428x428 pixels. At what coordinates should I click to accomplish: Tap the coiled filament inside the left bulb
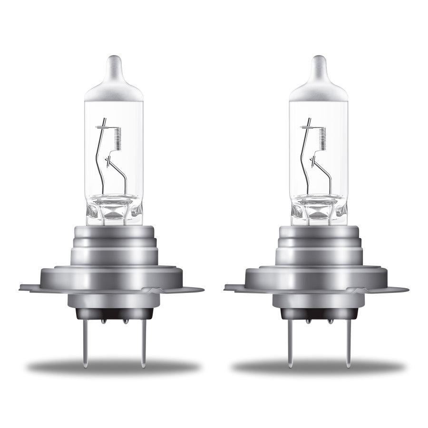(117, 139)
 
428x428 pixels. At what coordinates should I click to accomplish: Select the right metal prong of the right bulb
(348, 342)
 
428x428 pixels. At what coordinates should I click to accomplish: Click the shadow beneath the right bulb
(318, 368)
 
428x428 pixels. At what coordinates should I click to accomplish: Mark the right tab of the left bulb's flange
(193, 289)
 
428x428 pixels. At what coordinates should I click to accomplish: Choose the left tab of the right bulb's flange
(234, 287)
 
